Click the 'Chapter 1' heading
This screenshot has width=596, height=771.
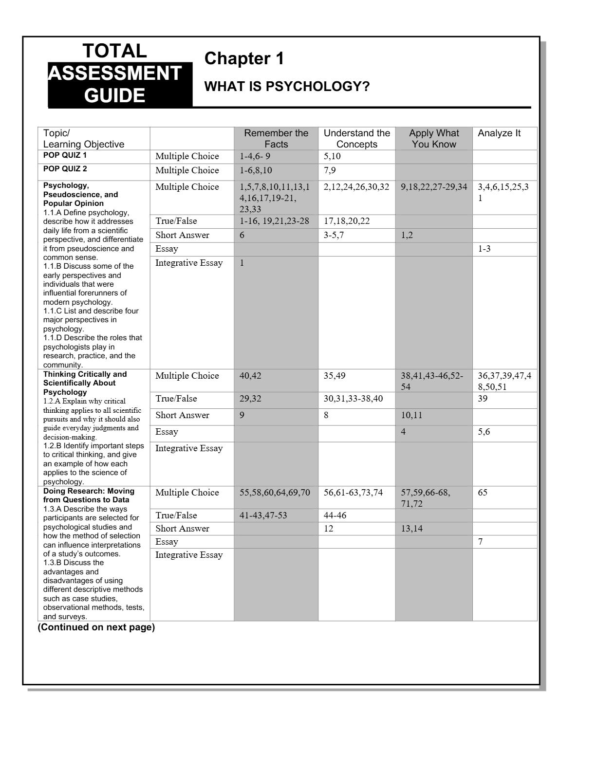tap(244, 59)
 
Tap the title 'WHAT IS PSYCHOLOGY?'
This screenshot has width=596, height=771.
tap(287, 87)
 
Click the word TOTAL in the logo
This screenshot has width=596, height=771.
tap(114, 51)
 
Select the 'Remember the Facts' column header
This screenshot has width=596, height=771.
tap(276, 139)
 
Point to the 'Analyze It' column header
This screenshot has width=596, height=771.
tap(499, 133)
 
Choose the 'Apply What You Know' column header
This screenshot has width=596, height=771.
tap(434, 139)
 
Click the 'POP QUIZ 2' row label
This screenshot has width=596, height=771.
tap(65, 169)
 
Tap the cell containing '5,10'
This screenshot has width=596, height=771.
tap(332, 156)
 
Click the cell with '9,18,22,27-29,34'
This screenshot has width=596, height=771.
tap(434, 187)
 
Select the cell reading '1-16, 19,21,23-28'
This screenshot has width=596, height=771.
tap(274, 221)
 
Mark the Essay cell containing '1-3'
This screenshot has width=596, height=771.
tap(484, 249)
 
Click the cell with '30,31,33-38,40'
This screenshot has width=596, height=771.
tap(353, 399)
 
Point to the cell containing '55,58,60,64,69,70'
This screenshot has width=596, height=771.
tap(275, 493)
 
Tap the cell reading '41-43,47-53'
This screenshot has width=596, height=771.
tap(263, 515)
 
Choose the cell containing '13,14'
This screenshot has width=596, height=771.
tap(411, 529)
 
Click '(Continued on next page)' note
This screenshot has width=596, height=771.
tap(96, 627)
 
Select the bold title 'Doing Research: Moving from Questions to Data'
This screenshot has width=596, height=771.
tap(89, 496)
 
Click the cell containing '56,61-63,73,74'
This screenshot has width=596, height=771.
tap(353, 493)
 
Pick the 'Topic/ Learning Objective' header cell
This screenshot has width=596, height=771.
tap(83, 139)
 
